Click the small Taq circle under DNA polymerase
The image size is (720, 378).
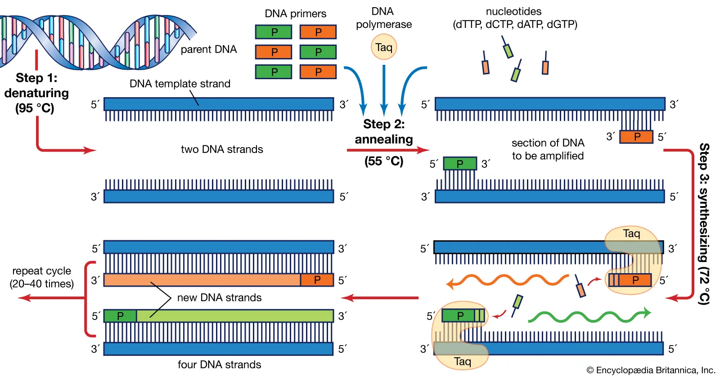coord(384,47)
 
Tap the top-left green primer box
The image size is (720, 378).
coord(274,32)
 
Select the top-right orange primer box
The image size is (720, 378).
coord(318,32)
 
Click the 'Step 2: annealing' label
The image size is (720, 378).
coord(384,131)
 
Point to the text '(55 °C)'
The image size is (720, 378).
coord(384,161)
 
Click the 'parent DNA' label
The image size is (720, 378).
coord(209,49)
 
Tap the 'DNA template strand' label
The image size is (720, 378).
coord(180,84)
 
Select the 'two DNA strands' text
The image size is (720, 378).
coord(222,149)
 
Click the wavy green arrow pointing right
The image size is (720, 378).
coord(589,316)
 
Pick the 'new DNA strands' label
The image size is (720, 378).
coord(219,297)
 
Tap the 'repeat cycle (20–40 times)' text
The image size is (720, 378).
coord(42,277)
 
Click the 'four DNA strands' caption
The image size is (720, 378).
coord(219,364)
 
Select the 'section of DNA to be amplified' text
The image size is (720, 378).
coord(548,149)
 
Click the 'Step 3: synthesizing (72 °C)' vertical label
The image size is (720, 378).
coord(704,224)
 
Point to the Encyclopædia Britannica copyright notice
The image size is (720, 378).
coord(651,370)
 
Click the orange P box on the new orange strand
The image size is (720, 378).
coord(317,280)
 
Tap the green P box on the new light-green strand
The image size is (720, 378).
coord(120,316)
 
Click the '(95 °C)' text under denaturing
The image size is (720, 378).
coord(35,108)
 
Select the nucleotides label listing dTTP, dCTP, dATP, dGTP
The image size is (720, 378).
coord(514,18)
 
